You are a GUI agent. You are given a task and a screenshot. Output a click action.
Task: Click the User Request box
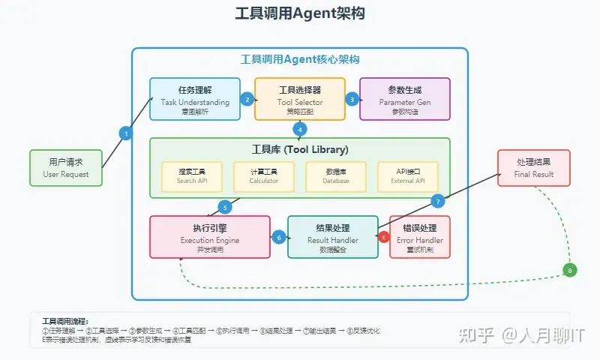click(x=65, y=168)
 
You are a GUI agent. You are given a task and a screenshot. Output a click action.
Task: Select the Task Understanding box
click(x=194, y=98)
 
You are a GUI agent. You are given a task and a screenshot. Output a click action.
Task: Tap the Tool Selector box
click(x=299, y=98)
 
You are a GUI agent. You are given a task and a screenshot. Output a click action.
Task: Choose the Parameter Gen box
click(x=404, y=98)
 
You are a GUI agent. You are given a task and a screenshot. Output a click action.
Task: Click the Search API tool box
click(x=191, y=175)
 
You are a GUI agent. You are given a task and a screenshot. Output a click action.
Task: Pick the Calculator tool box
click(x=263, y=175)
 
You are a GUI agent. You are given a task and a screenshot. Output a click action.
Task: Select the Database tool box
click(x=335, y=175)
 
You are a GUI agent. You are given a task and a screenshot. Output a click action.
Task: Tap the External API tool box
click(x=407, y=175)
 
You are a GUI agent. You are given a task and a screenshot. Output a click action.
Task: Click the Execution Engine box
click(x=209, y=236)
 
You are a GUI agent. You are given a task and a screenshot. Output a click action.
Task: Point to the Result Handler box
click(x=332, y=236)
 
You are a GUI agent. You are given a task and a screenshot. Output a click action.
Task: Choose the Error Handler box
click(x=420, y=236)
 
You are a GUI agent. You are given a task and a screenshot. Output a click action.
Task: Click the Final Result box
click(x=533, y=168)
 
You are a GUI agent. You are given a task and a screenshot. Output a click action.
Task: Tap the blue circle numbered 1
click(x=126, y=133)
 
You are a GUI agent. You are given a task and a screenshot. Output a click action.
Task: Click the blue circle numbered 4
click(x=300, y=128)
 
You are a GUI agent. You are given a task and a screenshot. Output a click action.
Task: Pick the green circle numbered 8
click(x=570, y=270)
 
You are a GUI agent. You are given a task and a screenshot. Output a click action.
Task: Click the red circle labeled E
click(x=385, y=237)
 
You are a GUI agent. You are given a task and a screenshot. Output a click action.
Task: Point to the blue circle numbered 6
click(x=279, y=237)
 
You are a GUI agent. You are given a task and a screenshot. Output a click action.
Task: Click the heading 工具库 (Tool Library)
click(x=299, y=149)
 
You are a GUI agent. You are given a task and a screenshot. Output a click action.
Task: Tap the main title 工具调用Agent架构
click(x=300, y=14)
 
